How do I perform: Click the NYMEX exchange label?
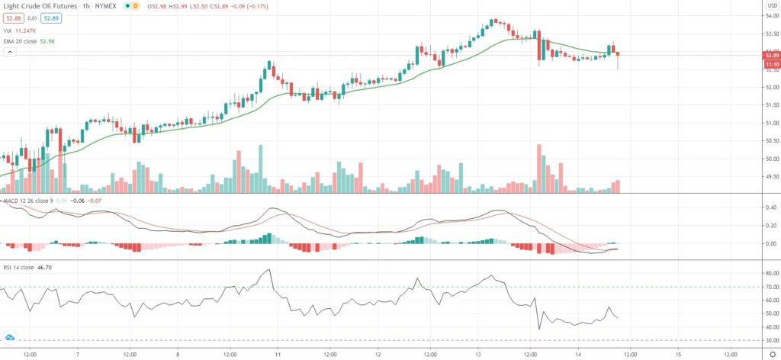[107, 5]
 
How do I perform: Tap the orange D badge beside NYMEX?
[136, 5]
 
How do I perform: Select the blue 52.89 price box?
[52, 18]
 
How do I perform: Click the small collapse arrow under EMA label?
[9, 52]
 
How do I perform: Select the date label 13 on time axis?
[478, 353]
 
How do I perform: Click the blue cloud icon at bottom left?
[10, 336]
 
